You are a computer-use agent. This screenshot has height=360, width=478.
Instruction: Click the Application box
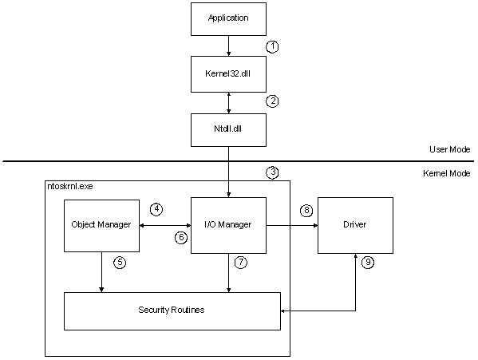click(x=229, y=18)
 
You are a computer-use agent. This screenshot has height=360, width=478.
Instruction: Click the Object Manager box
click(x=101, y=226)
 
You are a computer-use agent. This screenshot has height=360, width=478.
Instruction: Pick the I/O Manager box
click(x=229, y=226)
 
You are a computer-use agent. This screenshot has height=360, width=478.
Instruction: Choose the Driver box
click(x=356, y=226)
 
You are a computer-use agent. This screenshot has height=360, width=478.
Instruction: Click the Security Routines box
click(x=172, y=310)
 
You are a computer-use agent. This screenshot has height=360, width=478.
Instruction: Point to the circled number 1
click(x=272, y=47)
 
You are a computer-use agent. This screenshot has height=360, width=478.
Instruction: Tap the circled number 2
click(x=272, y=101)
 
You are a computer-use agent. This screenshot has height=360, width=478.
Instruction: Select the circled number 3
click(x=272, y=172)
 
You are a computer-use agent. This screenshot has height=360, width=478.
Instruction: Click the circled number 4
click(x=156, y=210)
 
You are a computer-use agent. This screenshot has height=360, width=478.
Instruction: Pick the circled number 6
click(x=181, y=238)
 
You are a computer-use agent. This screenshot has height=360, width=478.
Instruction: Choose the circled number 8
click(x=305, y=211)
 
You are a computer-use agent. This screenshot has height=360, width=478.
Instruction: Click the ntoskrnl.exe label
click(x=69, y=185)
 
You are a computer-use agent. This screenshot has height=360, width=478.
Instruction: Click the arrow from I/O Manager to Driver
click(x=291, y=226)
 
